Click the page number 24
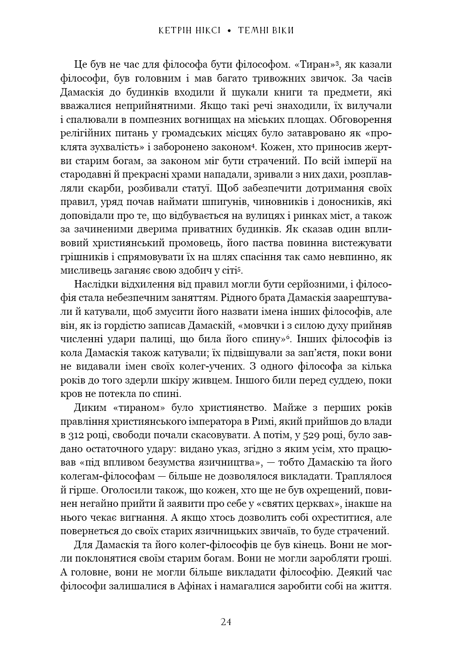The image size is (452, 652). [x=226, y=622]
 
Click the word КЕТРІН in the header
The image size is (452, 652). [x=175, y=31]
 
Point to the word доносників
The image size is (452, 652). [x=346, y=202]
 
